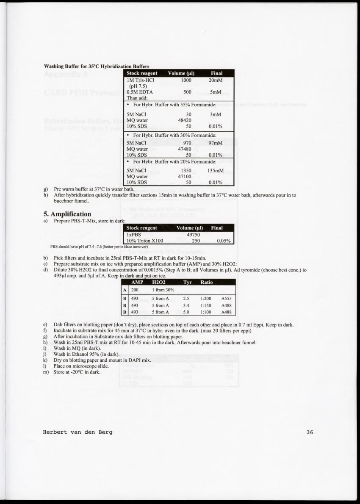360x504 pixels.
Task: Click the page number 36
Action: click(310, 432)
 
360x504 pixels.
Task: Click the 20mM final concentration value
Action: click(216, 80)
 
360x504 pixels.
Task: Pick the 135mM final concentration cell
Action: click(216, 171)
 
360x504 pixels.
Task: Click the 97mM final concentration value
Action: click(216, 143)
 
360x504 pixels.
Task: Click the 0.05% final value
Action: click(223, 241)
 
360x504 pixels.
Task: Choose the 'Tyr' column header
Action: click(188, 282)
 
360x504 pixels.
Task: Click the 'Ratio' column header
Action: click(207, 282)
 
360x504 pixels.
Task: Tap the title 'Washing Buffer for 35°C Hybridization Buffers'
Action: click(97, 66)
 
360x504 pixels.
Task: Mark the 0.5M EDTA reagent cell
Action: click(140, 91)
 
